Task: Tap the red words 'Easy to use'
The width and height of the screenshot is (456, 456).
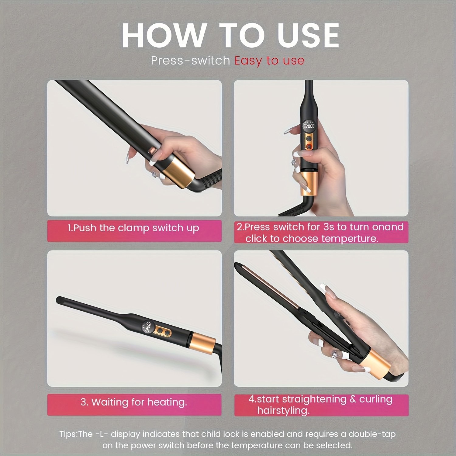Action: pyautogui.click(x=269, y=60)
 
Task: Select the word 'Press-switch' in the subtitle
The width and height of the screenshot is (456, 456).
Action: pyautogui.click(x=190, y=60)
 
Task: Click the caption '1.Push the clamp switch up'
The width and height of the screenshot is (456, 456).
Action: pyautogui.click(x=133, y=228)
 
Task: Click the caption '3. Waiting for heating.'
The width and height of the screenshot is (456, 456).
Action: pyautogui.click(x=134, y=402)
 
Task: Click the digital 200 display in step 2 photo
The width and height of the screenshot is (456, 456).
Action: pyautogui.click(x=309, y=126)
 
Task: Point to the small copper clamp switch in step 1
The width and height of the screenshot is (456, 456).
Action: pyautogui.click(x=152, y=150)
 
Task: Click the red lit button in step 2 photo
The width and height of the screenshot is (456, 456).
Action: pyautogui.click(x=309, y=147)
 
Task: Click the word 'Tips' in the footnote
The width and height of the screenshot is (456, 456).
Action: pyautogui.click(x=68, y=434)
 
